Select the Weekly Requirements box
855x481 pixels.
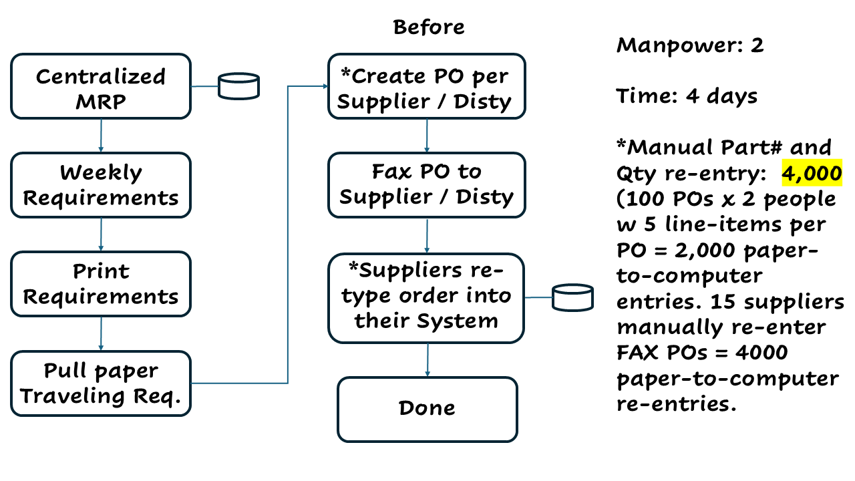coord(101,185)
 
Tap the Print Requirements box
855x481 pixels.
coord(101,284)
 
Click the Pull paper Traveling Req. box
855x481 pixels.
coord(101,383)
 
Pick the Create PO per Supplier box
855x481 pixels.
coord(427,88)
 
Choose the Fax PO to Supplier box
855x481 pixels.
coord(427,184)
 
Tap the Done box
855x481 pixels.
coord(427,408)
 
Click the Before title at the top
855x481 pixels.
coord(428,27)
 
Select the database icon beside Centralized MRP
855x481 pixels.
coord(239,86)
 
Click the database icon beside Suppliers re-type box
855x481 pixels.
coord(573,297)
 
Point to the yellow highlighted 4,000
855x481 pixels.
coord(812,173)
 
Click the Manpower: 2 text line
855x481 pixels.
coord(689,45)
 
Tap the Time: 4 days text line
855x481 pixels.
coord(687,96)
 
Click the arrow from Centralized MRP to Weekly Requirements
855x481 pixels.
coord(101,136)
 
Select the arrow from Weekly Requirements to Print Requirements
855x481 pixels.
coord(101,234)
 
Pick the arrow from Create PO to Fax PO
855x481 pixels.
coord(427,136)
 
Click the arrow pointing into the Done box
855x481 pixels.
coord(427,360)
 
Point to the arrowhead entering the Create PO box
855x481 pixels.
coord(324,86)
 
